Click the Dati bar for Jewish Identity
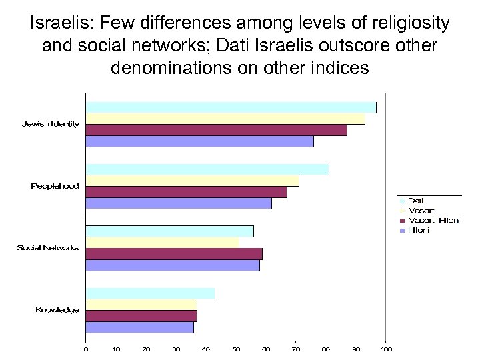tap(231, 107)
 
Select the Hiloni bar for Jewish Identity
tap(199, 141)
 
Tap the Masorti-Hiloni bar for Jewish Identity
tap(216, 130)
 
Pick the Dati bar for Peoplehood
tap(207, 169)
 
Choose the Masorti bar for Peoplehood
tap(192, 181)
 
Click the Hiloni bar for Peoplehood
tap(179, 203)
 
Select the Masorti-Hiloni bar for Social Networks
tap(174, 254)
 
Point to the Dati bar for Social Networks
tap(169, 231)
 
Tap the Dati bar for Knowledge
tap(150, 293)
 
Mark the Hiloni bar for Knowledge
tap(139, 327)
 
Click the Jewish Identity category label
tap(51, 124)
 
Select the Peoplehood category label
tap(55, 186)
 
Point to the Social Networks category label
tap(48, 248)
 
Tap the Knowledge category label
tap(57, 310)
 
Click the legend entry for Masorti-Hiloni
tap(433, 220)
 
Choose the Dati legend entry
tap(415, 200)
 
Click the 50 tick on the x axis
tap(236, 349)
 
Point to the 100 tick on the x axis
tap(386, 349)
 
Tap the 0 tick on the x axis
tap(85, 349)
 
